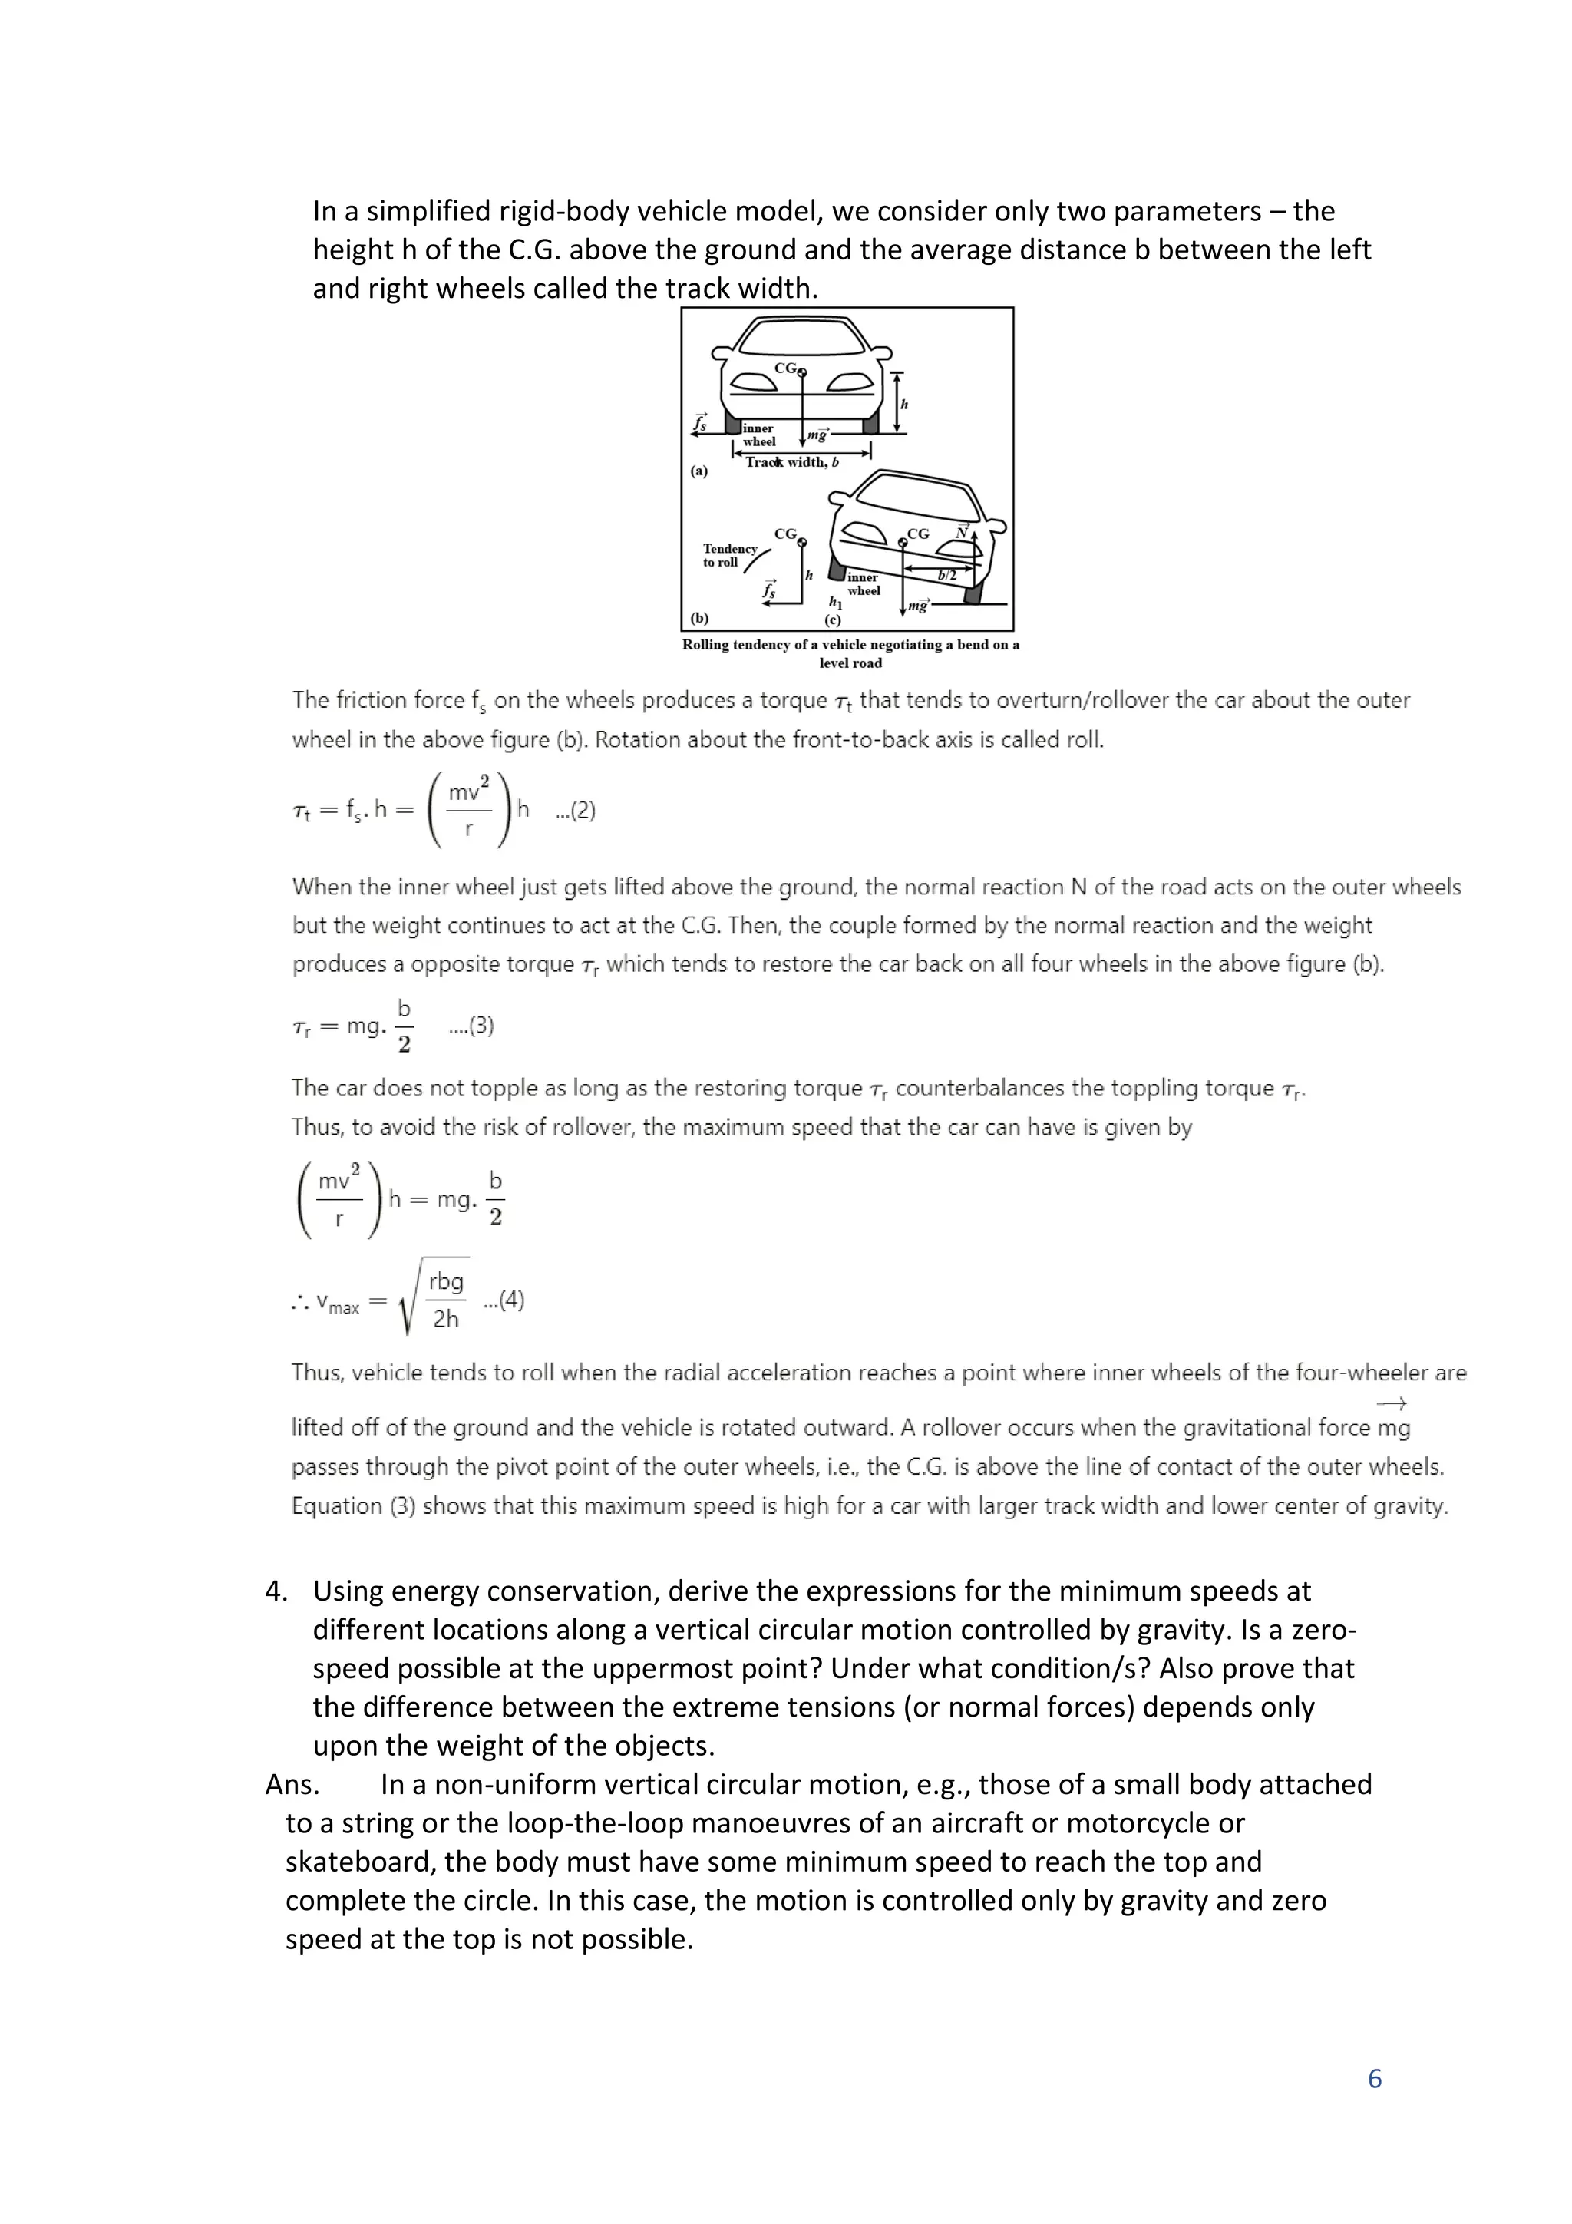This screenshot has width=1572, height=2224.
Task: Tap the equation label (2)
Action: [x=576, y=811]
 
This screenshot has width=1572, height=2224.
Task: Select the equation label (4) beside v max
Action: [x=504, y=1300]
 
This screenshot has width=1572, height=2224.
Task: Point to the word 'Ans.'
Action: [x=292, y=1784]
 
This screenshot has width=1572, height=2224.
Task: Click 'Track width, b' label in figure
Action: [x=792, y=462]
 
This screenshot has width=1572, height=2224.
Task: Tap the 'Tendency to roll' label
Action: [x=729, y=555]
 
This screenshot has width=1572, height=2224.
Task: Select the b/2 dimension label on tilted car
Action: [x=947, y=575]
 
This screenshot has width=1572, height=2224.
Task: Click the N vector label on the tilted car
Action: [x=962, y=533]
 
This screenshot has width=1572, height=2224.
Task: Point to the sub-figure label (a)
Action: [x=699, y=471]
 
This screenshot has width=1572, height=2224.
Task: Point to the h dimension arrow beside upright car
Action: [x=897, y=403]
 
